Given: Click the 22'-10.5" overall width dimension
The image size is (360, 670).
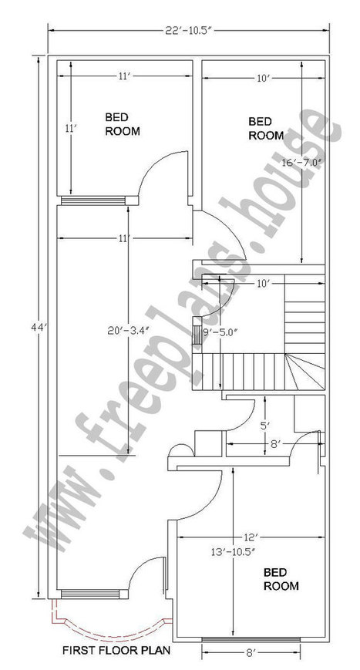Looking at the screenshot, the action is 188,30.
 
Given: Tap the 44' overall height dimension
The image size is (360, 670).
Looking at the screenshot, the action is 39,328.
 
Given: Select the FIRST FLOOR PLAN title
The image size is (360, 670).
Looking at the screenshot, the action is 116,651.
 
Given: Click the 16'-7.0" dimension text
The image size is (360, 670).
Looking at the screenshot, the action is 301,162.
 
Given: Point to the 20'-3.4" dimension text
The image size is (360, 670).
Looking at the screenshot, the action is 129,329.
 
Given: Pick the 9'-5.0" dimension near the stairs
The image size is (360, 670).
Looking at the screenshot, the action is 220,332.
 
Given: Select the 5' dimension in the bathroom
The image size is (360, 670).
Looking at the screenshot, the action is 266,426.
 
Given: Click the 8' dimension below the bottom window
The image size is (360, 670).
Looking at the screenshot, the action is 251,652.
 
